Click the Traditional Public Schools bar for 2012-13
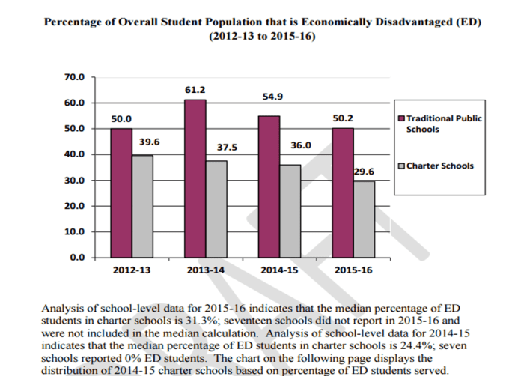pos(121,192)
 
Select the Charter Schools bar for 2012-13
pos(142,206)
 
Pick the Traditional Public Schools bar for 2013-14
pos(195,178)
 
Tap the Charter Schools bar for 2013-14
pos(216,209)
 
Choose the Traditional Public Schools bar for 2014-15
pos(269,187)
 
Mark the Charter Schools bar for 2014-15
pos(290,210)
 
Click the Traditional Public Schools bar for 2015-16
pos(342,192)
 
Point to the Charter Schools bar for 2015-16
pos(363,219)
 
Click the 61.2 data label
pos(195,90)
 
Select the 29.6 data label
pos(363,172)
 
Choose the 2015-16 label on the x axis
pos(353,270)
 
